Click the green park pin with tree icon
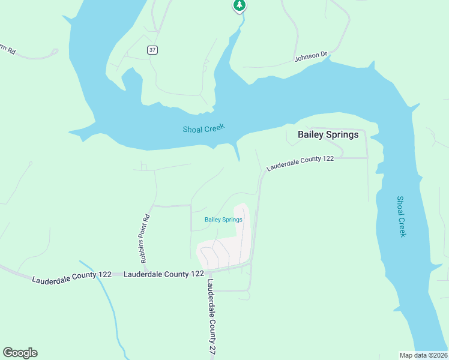pyautogui.click(x=240, y=6)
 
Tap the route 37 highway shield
pyautogui.click(x=152, y=50)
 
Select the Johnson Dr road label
pyautogui.click(x=310, y=57)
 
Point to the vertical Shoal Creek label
pyautogui.click(x=402, y=216)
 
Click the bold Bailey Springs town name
pyautogui.click(x=328, y=134)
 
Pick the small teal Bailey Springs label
pyautogui.click(x=223, y=220)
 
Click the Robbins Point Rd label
pyautogui.click(x=144, y=239)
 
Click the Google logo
pyautogui.click(x=20, y=353)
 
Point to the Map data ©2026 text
pyautogui.click(x=423, y=355)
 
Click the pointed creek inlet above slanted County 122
pyautogui.click(x=238, y=153)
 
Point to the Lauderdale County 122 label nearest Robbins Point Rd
pyautogui.click(x=163, y=274)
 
